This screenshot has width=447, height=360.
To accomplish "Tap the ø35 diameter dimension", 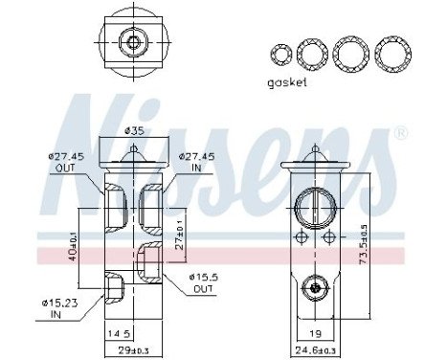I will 136,131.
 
